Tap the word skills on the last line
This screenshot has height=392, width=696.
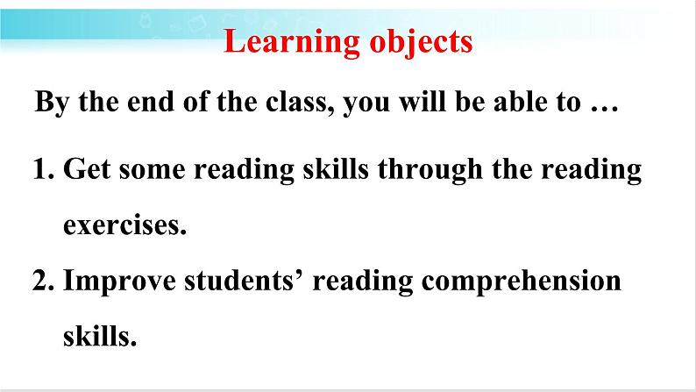(x=100, y=336)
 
